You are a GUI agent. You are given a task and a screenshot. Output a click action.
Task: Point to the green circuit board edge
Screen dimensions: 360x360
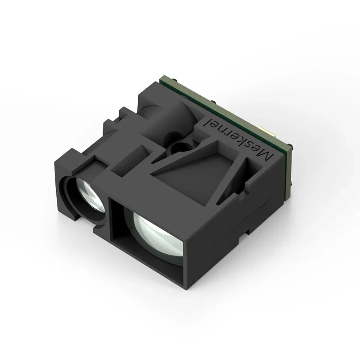point(225,97)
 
